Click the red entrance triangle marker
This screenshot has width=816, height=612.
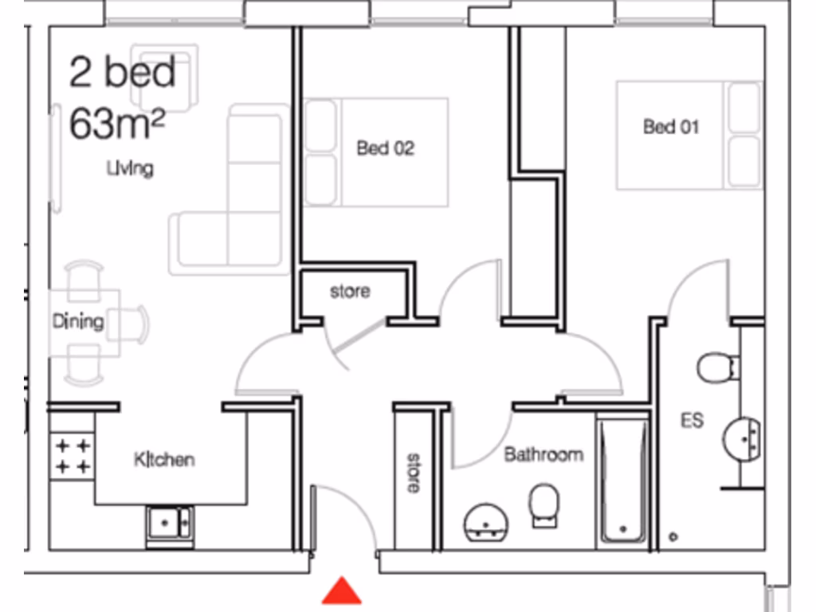(342, 591)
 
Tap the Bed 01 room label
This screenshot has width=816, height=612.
(672, 127)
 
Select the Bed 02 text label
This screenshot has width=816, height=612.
(386, 148)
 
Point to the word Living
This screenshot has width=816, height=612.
(131, 169)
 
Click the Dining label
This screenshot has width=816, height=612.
(78, 321)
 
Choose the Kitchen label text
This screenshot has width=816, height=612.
(164, 460)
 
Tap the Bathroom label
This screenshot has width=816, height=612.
(543, 455)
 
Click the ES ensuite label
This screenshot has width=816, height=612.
(692, 420)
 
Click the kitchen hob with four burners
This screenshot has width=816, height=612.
(73, 455)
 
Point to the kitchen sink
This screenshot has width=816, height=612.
(169, 523)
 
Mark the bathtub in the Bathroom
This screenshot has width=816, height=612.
(623, 479)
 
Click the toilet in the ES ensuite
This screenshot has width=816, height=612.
(715, 367)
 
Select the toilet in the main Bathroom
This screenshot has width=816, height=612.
(543, 504)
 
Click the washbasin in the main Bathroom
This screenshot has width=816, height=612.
(485, 522)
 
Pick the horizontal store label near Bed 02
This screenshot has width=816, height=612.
(350, 292)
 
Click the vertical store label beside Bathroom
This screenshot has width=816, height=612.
(414, 473)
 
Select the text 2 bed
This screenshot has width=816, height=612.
(123, 73)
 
